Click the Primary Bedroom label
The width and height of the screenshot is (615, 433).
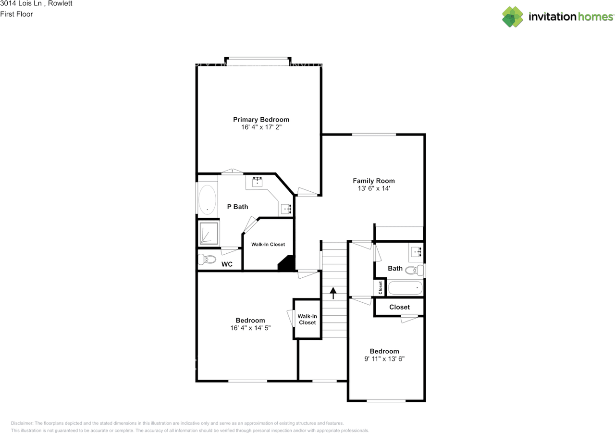click(261, 120)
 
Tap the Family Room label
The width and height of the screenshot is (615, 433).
click(374, 181)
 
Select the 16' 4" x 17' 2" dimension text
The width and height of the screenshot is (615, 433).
click(261, 128)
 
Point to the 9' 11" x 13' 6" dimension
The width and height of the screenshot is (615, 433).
click(384, 359)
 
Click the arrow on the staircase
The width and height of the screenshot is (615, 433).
click(332, 293)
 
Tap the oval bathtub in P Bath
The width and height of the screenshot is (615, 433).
click(207, 199)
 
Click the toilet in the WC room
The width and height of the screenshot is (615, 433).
click(208, 260)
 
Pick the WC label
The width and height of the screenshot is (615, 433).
click(227, 264)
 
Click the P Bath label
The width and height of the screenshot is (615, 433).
click(237, 207)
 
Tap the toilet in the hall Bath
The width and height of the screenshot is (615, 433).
click(415, 270)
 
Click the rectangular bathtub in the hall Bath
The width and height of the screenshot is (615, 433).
click(405, 288)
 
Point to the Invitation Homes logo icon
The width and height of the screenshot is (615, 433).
click(512, 17)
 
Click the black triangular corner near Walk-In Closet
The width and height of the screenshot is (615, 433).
click(287, 264)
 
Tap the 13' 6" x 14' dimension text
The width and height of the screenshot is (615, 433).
click(374, 189)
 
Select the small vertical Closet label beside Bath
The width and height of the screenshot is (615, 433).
click(381, 287)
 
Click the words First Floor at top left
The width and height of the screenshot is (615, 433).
click(16, 14)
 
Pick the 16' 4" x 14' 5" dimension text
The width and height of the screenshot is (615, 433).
click(250, 328)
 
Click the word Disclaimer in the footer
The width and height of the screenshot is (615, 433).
click(22, 423)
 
